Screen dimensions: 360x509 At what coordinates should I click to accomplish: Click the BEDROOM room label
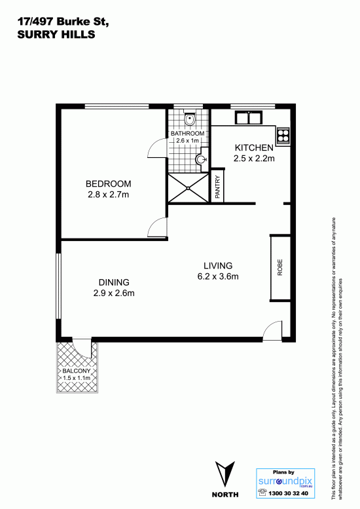(x=108, y=183)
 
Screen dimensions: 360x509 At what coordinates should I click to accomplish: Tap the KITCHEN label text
(x=254, y=147)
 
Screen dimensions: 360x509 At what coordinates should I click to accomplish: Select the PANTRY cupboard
(x=217, y=186)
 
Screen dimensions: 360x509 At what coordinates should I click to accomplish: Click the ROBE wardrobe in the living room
(x=280, y=268)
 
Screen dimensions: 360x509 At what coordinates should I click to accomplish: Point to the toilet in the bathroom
(x=189, y=119)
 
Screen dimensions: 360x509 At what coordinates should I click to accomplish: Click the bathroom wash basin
(x=201, y=159)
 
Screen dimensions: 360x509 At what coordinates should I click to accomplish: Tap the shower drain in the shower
(x=188, y=187)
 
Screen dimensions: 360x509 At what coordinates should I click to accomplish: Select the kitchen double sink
(x=249, y=117)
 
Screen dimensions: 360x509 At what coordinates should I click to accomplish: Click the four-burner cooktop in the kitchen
(x=283, y=136)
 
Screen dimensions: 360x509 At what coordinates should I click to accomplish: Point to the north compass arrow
(x=225, y=475)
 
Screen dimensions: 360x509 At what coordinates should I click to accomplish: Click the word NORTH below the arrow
(x=225, y=495)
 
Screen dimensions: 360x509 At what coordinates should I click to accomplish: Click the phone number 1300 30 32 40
(x=288, y=493)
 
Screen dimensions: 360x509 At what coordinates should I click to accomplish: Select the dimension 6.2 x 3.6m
(x=218, y=276)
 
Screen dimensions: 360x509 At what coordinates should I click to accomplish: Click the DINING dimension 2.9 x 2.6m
(x=114, y=293)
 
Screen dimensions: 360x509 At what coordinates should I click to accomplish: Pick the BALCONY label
(x=77, y=371)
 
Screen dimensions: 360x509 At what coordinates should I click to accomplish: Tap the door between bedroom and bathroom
(x=158, y=147)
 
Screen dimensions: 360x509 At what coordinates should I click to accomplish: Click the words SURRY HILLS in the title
(x=56, y=35)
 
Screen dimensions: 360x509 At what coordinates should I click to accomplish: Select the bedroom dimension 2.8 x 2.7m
(x=108, y=195)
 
